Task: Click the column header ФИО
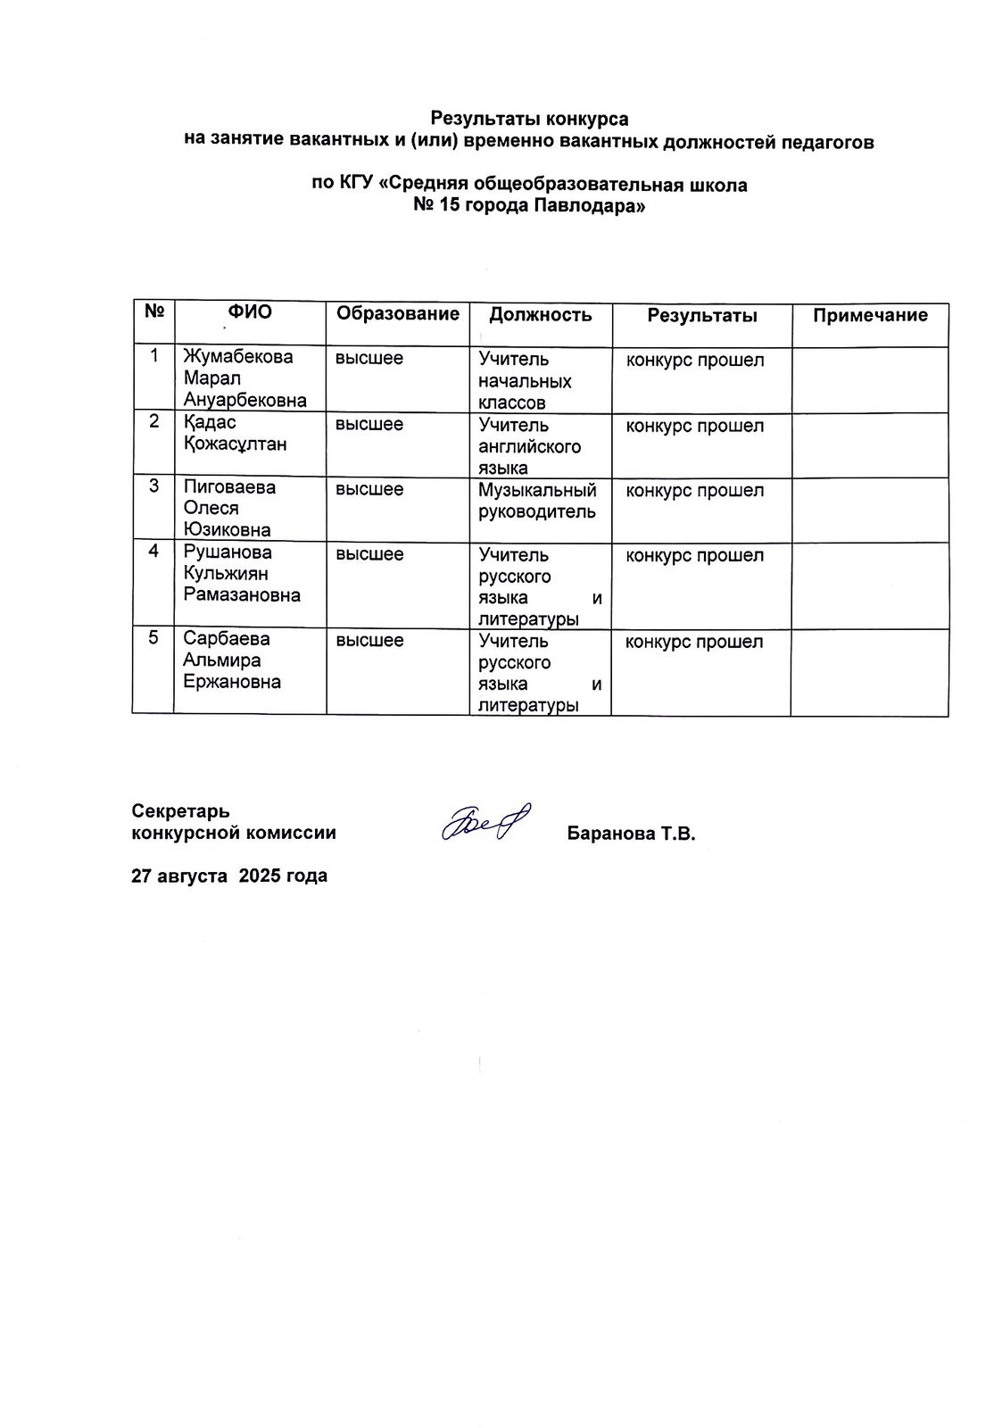250,312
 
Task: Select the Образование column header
397,313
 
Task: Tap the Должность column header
540,314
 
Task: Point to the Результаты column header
702,315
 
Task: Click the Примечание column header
870,315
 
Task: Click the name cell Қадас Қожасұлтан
235,433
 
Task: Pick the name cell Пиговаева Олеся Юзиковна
229,509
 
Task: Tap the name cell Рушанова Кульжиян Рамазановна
241,574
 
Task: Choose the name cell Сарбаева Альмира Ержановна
232,660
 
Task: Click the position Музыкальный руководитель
537,501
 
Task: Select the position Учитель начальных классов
525,381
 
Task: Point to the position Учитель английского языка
529,446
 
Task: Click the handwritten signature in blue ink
486,821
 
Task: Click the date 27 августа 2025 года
229,876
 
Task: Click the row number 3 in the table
154,486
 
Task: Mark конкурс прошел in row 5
694,642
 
